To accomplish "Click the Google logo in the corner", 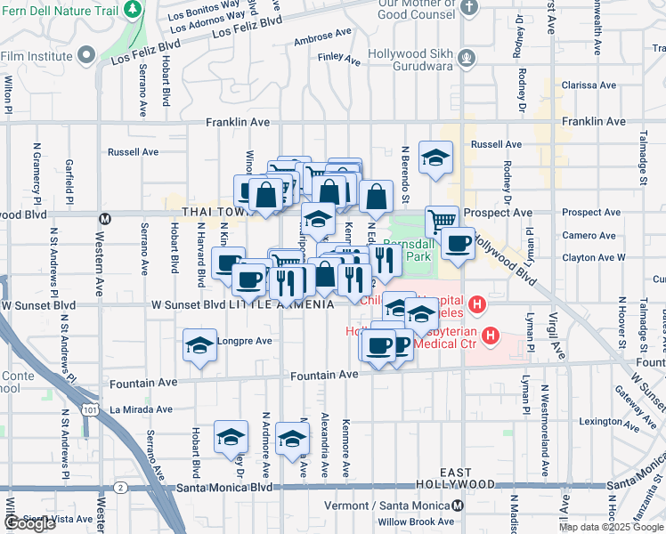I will pyautogui.click(x=29, y=523).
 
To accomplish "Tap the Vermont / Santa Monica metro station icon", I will pyautogui.click(x=459, y=505).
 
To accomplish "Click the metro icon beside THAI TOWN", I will pyautogui.click(x=104, y=218).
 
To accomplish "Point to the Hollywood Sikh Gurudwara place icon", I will pyautogui.click(x=465, y=60).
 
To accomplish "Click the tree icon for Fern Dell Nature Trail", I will pyautogui.click(x=133, y=9).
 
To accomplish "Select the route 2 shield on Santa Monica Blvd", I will pyautogui.click(x=119, y=488).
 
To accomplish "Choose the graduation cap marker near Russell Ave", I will pyautogui.click(x=435, y=158).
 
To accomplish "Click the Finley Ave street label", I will pyautogui.click(x=338, y=61).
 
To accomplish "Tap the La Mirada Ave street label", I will pyautogui.click(x=138, y=409).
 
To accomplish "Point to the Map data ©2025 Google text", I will pyautogui.click(x=611, y=527).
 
